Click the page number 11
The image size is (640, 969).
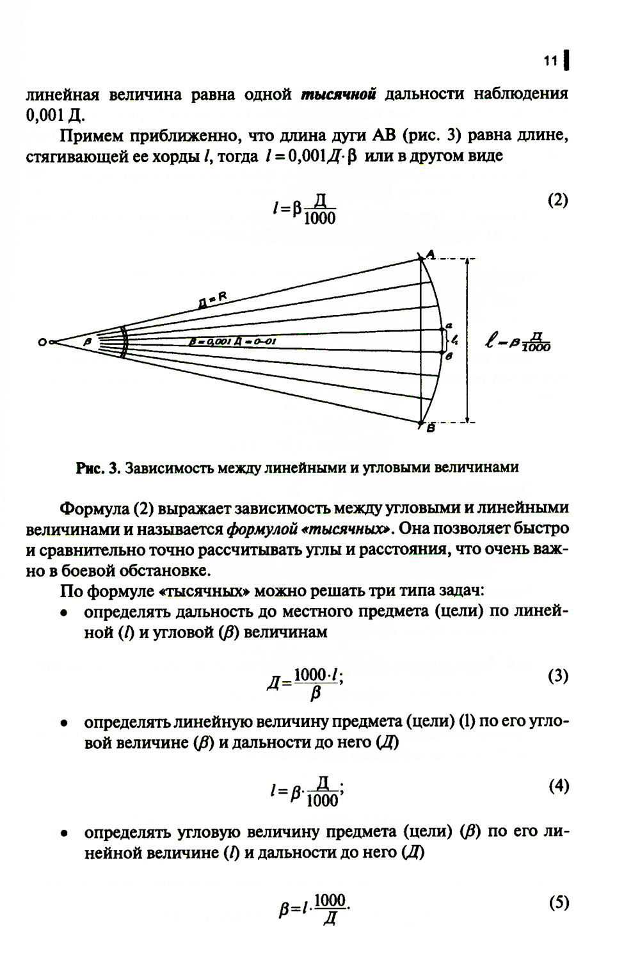[x=550, y=61]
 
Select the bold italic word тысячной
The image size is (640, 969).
[x=338, y=95]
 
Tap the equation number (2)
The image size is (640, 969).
[x=557, y=200]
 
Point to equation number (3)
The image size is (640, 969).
[x=558, y=676]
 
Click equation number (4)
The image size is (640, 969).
[x=558, y=786]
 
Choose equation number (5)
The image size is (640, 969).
[x=558, y=903]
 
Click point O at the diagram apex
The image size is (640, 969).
[x=42, y=342]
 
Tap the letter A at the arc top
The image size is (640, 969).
[x=430, y=255]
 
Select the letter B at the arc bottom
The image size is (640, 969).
[x=431, y=428]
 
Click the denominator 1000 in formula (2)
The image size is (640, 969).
[x=320, y=219]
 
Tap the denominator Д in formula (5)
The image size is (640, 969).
[x=330, y=919]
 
